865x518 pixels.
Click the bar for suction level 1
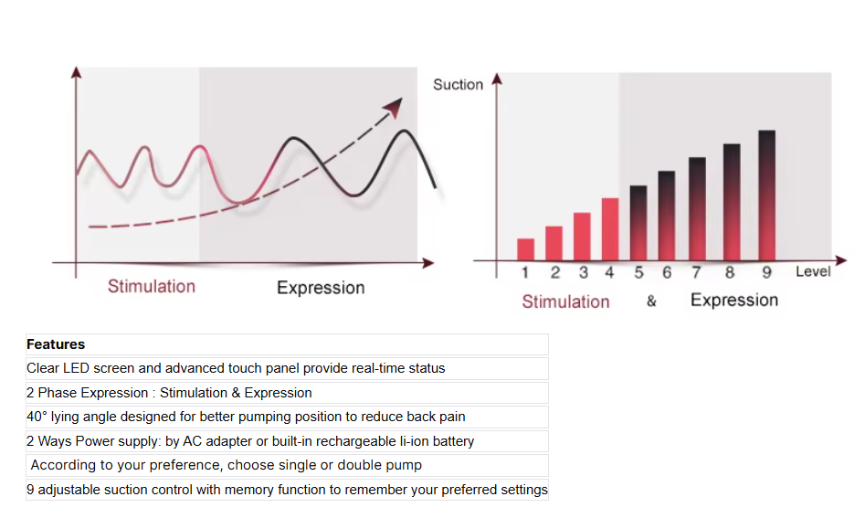(525, 249)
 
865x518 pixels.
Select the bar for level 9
(766, 196)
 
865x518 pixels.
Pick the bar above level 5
(638, 223)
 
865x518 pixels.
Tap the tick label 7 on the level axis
(696, 272)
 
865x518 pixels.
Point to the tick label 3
(583, 272)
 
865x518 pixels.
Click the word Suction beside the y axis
(458, 84)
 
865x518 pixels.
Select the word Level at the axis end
(813, 271)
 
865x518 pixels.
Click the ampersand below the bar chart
(651, 301)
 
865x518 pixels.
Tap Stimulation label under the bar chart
(565, 301)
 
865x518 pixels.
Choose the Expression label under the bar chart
(734, 300)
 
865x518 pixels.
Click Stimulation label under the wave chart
(151, 286)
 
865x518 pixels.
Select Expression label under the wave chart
(321, 288)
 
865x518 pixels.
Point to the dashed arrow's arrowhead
(394, 107)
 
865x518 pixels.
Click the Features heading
(56, 344)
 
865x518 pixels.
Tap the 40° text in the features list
(37, 417)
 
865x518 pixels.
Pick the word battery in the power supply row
(452, 441)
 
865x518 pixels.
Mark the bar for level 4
(609, 229)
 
